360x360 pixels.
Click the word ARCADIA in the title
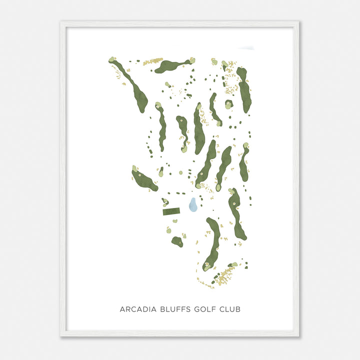click(136, 309)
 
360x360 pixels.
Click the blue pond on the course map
click(192, 204)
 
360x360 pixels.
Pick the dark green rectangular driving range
click(171, 211)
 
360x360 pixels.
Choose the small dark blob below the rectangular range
click(177, 242)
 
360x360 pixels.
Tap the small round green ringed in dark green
click(228, 104)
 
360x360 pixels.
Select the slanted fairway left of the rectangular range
click(144, 180)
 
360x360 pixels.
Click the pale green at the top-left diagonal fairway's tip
click(112, 60)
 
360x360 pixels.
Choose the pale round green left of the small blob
click(168, 230)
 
